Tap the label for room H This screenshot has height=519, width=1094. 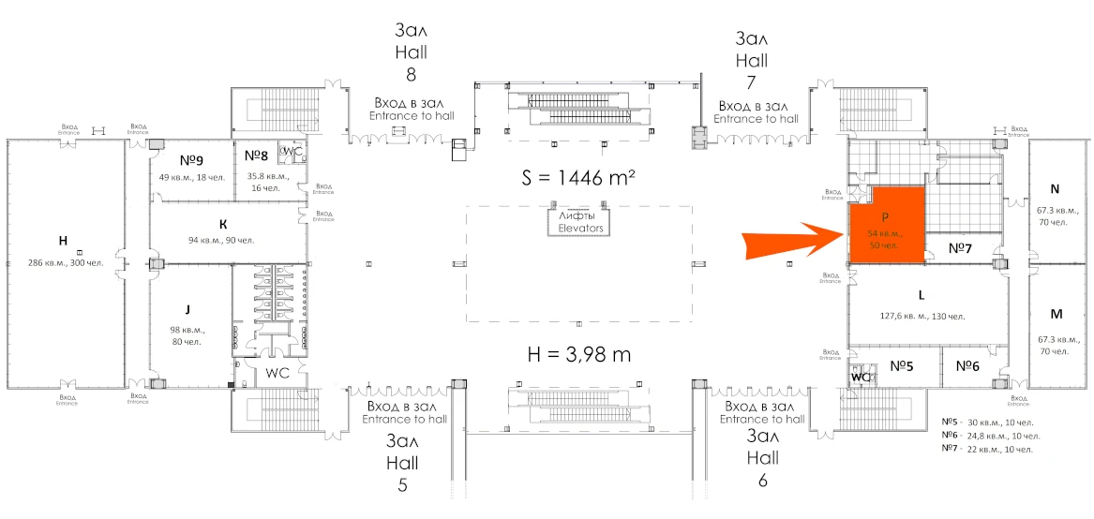pos(63,241)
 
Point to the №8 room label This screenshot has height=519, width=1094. pos(256,154)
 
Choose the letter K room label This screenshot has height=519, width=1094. pos(223,225)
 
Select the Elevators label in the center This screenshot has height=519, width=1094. pos(579,228)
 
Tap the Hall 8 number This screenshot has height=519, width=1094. pos(411,74)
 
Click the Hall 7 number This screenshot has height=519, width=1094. pos(751,82)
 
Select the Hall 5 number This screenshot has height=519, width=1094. pos(402,484)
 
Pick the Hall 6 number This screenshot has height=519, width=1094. pos(762,481)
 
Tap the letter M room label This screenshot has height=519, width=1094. pos(1056,313)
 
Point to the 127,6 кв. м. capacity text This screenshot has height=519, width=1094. pos(922,316)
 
